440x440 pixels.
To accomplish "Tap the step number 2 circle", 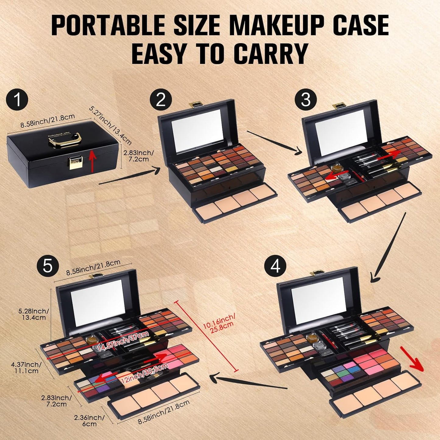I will coord(161,100).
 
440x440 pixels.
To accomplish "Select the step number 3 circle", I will coord(305,100).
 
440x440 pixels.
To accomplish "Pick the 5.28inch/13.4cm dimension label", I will coord(33,314).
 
